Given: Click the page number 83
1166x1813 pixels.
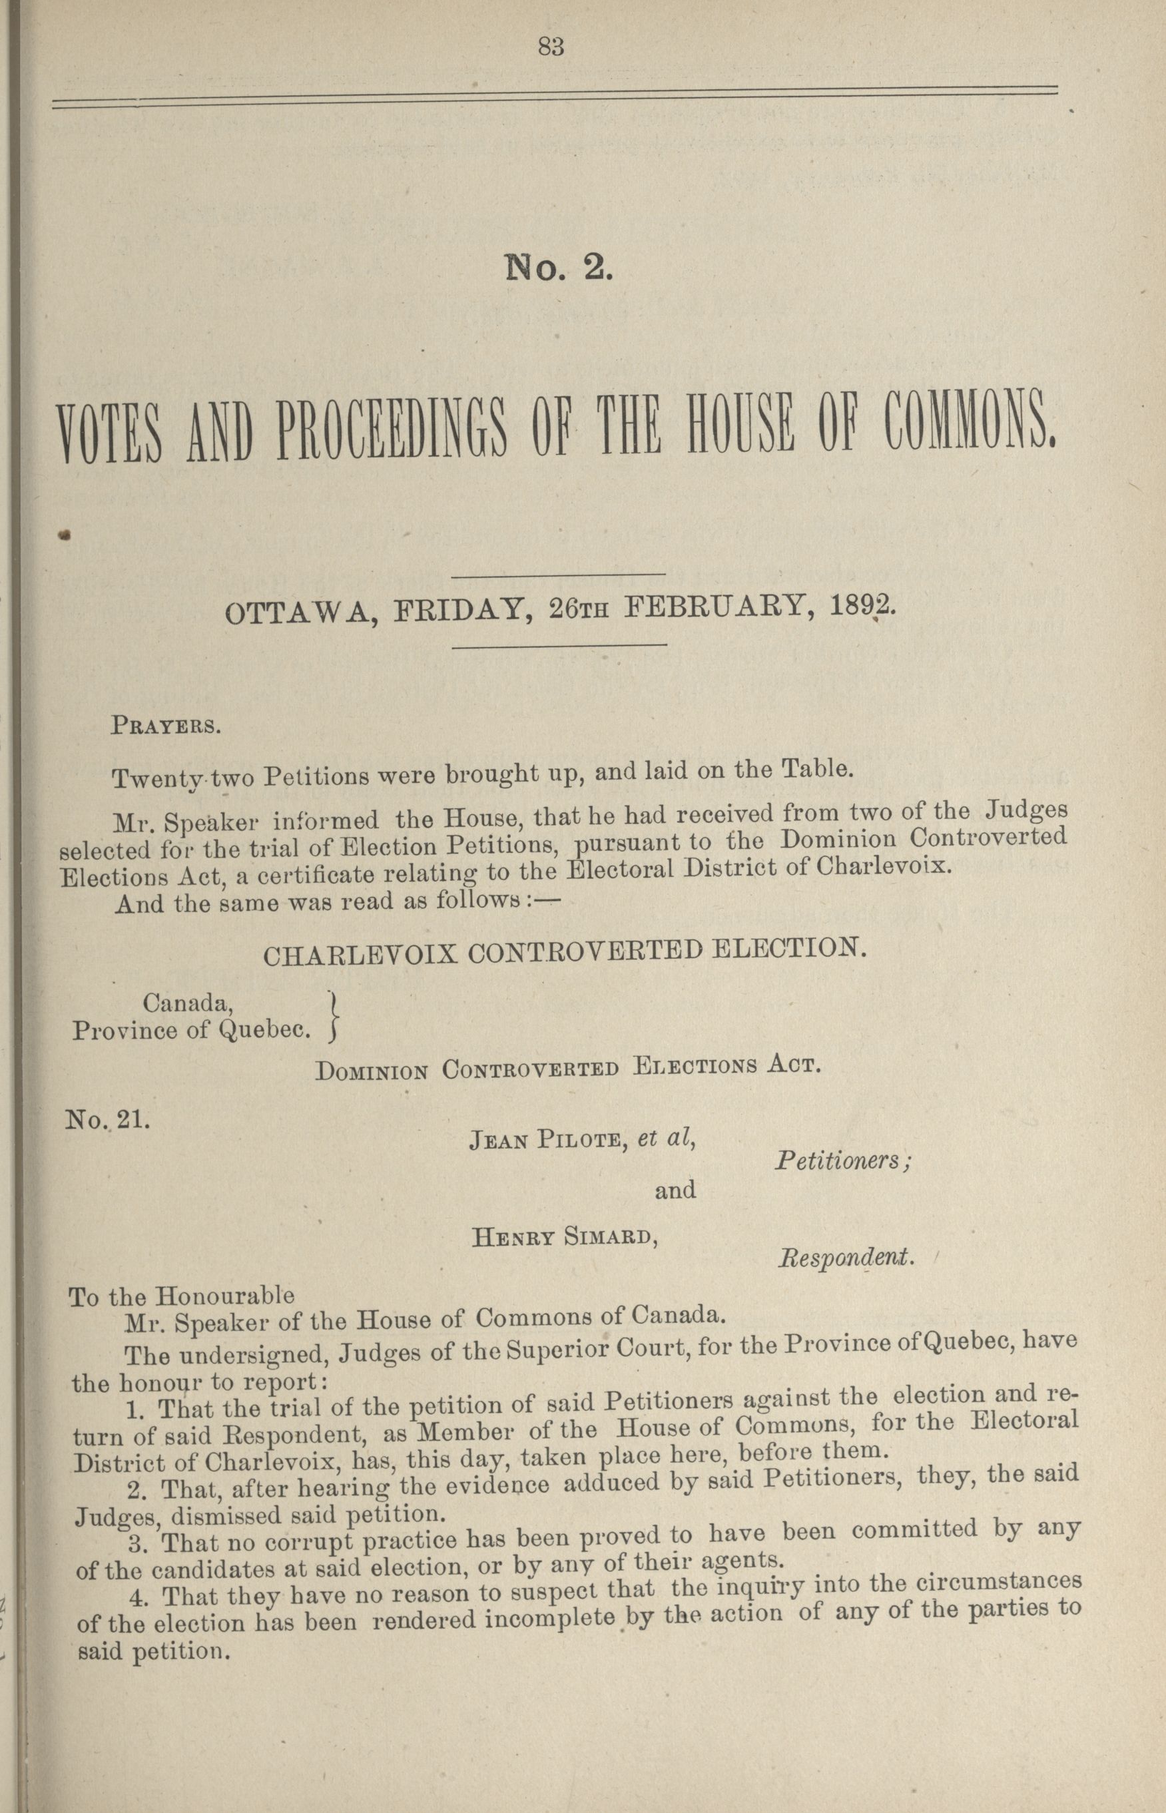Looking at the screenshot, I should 551,47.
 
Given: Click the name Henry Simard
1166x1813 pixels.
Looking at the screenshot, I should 563,1238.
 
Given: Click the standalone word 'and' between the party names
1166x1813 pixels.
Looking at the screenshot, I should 675,1190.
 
